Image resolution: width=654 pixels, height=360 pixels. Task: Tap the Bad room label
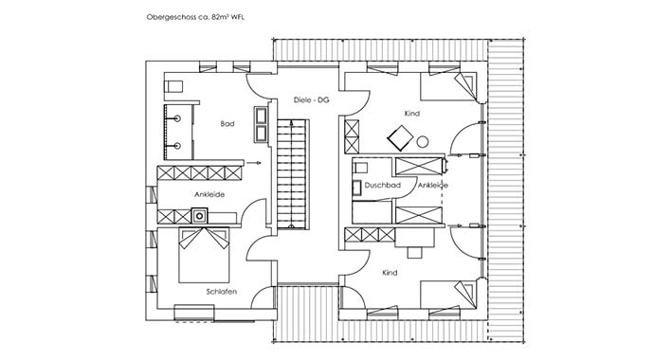[x=227, y=124]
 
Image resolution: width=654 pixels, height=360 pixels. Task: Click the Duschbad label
[x=380, y=186]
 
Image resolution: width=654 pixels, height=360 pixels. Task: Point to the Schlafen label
[x=221, y=291]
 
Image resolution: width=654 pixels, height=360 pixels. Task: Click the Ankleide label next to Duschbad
[x=432, y=186]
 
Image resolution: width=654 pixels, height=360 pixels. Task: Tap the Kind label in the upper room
[x=410, y=114]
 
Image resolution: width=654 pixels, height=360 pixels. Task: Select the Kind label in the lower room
[x=390, y=272]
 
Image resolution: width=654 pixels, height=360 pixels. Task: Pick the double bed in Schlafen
[x=205, y=255]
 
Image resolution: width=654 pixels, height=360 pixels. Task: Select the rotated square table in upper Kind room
[x=399, y=138]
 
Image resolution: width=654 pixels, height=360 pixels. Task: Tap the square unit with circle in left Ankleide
[x=199, y=216]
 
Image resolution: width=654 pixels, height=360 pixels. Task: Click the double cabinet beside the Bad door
[x=260, y=124]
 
